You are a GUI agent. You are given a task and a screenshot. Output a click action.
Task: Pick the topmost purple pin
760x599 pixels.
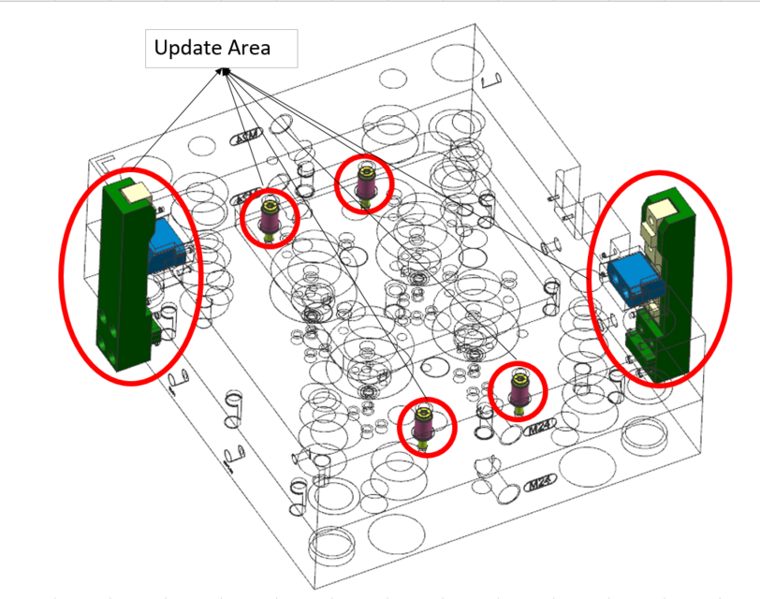tap(364, 183)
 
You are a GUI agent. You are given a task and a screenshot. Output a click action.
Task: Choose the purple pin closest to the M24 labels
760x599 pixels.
tap(519, 391)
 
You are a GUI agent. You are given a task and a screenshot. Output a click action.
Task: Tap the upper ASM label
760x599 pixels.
tap(246, 140)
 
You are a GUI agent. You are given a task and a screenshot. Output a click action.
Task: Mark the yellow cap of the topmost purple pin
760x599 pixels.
tap(364, 170)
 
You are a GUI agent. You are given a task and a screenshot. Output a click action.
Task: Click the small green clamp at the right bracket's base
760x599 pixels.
tap(643, 347)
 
